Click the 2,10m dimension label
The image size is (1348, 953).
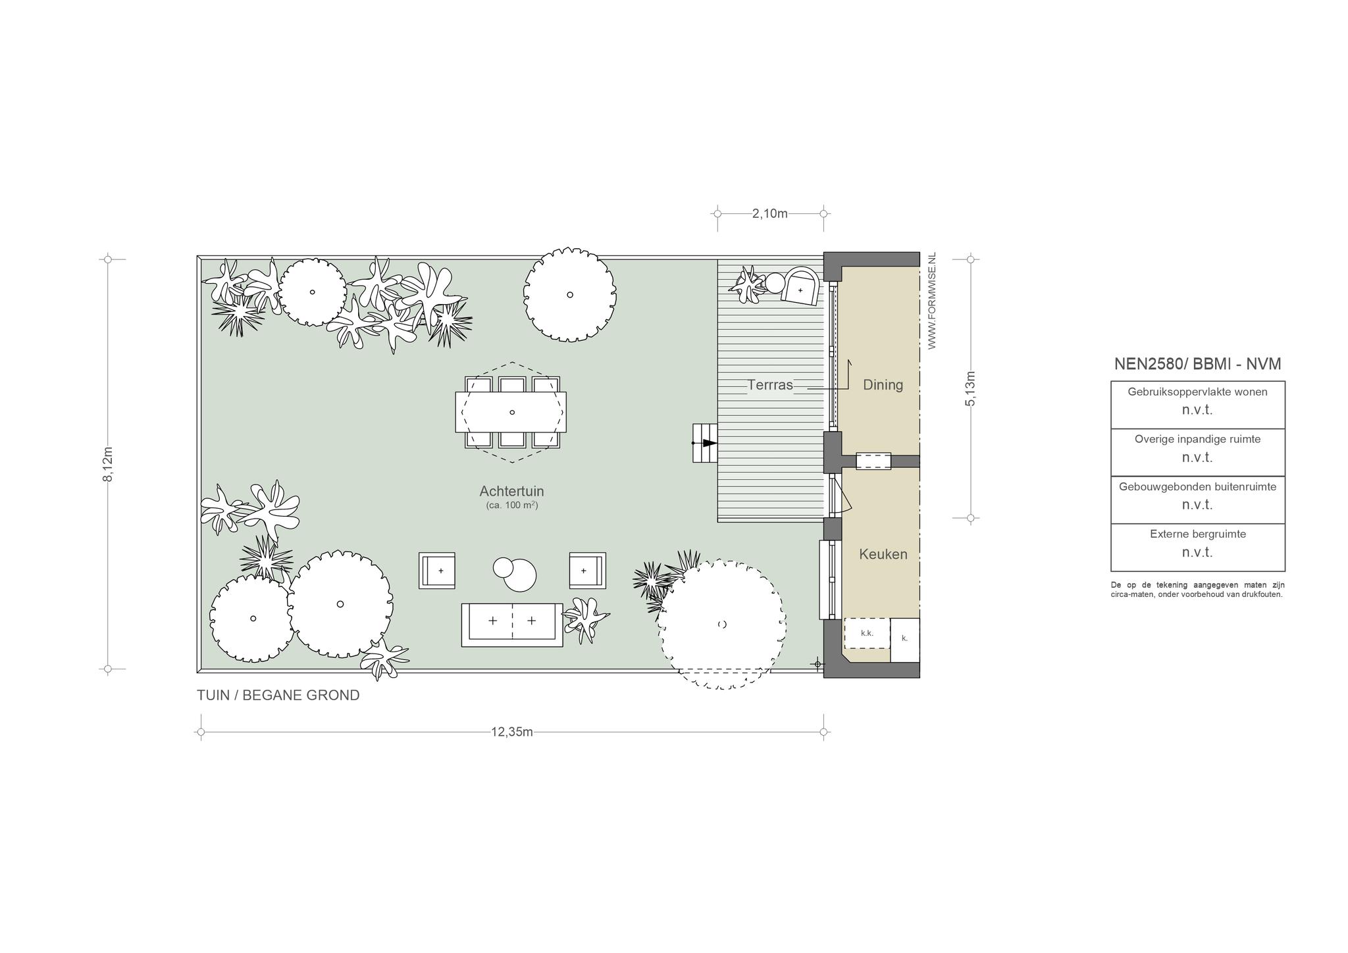(x=769, y=213)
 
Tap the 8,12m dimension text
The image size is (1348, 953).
(x=108, y=464)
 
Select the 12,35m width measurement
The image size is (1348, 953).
(x=511, y=732)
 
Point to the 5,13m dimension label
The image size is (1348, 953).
(x=970, y=388)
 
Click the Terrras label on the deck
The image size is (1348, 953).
(x=770, y=385)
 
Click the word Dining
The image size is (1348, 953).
(x=883, y=385)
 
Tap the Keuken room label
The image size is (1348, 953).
(x=883, y=554)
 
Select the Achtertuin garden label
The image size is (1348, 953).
(x=511, y=491)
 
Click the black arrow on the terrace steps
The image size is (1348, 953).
(x=708, y=443)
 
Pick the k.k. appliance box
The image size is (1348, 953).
(x=867, y=633)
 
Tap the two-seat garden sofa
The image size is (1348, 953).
(x=512, y=625)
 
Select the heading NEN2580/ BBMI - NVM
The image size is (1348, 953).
(x=1197, y=364)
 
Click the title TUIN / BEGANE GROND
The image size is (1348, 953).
(x=278, y=695)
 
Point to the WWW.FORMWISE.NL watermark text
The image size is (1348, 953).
(x=931, y=301)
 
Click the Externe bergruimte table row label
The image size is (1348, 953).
(x=1198, y=534)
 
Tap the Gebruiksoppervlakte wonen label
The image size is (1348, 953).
(x=1198, y=392)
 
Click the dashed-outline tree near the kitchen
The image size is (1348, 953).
(x=722, y=624)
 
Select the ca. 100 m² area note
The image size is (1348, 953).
(x=512, y=505)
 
